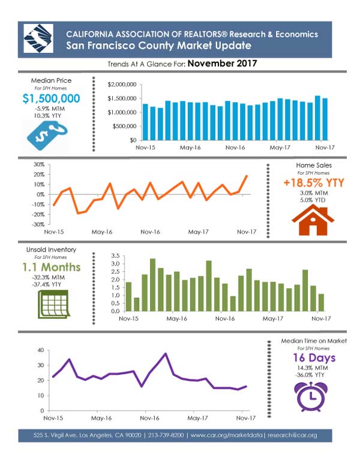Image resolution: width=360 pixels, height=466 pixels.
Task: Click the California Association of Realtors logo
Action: [38, 38]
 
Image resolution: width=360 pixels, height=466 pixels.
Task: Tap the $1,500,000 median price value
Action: [52, 98]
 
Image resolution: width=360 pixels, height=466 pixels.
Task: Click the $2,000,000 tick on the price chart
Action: [122, 85]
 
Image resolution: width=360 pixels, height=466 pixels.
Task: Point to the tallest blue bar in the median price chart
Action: [317, 118]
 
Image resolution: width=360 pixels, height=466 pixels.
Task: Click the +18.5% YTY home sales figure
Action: [314, 183]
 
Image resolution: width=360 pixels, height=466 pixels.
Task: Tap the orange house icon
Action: [313, 220]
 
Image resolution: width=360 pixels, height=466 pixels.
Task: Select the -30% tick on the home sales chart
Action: [39, 225]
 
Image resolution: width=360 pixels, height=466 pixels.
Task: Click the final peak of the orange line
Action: [247, 176]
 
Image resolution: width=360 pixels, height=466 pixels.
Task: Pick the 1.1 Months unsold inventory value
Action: [52, 267]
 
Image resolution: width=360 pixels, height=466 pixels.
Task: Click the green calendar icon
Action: [54, 304]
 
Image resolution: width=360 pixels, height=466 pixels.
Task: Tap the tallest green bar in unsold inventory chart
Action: [152, 285]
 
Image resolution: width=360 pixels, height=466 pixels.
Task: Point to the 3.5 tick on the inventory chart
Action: [115, 256]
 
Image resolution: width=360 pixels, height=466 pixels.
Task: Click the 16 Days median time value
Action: [314, 358]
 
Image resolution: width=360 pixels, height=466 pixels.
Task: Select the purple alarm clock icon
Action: [311, 396]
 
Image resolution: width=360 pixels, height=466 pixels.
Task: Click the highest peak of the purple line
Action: [166, 354]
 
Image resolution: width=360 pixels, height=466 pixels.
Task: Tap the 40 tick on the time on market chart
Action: [41, 350]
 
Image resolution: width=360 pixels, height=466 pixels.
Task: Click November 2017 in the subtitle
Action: [223, 63]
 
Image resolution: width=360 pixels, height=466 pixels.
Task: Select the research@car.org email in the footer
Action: [292, 435]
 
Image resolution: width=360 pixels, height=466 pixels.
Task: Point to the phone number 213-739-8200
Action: [166, 435]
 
